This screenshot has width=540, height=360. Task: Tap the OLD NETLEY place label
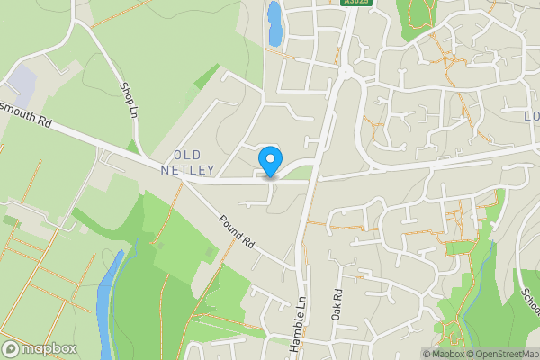click(188, 163)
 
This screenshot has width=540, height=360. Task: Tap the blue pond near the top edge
click(274, 22)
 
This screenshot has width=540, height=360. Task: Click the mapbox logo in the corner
click(39, 348)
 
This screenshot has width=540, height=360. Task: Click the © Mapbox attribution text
click(441, 354)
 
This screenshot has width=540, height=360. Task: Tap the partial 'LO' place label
click(531, 116)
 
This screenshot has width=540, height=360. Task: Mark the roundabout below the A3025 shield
click(346, 70)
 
